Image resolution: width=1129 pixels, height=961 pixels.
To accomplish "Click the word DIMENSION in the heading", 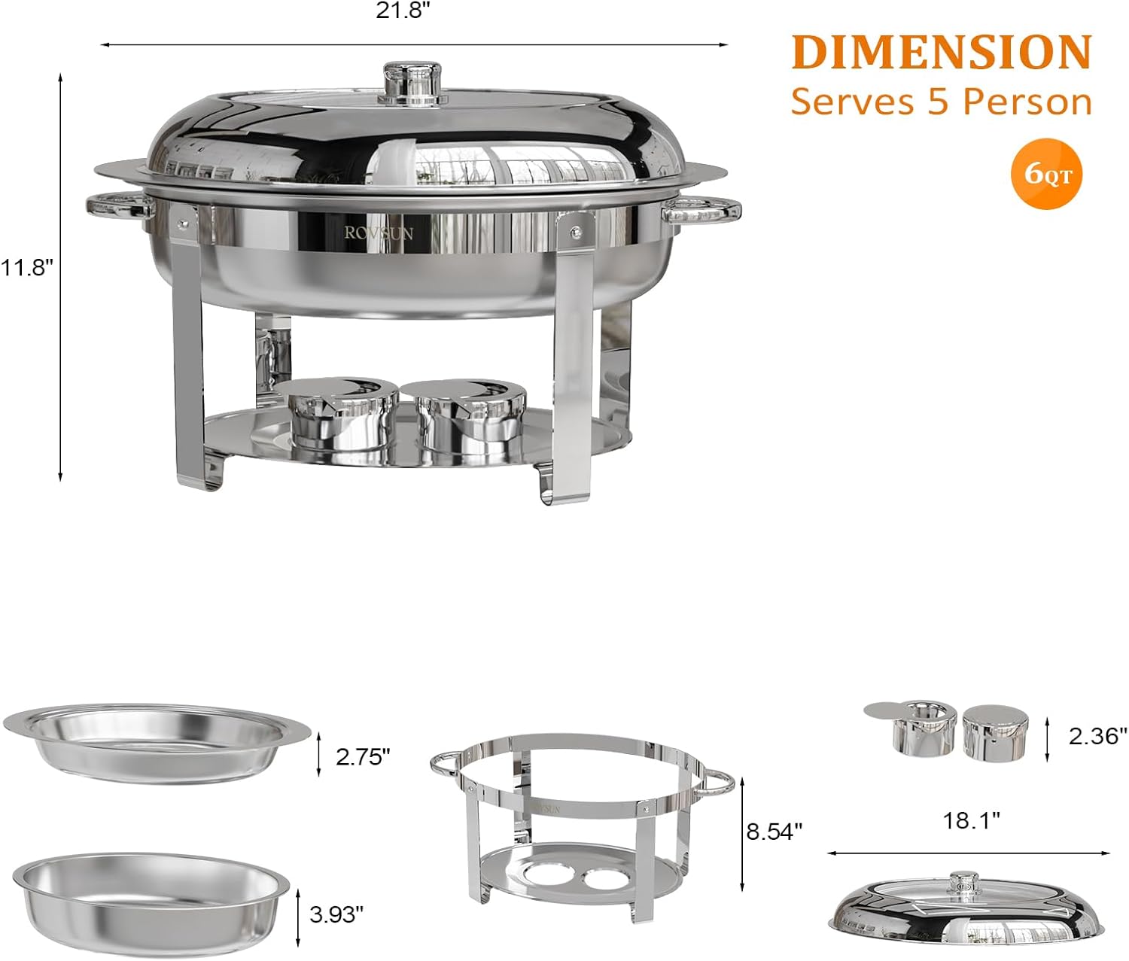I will [941, 52].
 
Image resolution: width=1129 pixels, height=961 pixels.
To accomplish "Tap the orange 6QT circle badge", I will [1046, 173].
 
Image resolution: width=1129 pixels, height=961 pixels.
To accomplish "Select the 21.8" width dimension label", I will [405, 11].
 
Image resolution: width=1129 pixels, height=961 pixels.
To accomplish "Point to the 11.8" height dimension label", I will [27, 267].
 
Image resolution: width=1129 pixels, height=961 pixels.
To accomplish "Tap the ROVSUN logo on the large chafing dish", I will [379, 233].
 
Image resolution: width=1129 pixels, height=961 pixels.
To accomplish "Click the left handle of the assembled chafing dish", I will [119, 205].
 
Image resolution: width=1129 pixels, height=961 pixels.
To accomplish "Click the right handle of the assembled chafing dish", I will [701, 209].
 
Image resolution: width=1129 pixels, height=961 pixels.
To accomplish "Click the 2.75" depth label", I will [363, 756].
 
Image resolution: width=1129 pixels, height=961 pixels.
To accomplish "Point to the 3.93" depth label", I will [336, 914].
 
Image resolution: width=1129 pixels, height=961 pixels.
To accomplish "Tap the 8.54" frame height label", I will [774, 832].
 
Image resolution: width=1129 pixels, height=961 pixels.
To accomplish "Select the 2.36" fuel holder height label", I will [1097, 735].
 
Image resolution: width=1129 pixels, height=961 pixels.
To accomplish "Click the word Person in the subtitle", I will [1029, 101].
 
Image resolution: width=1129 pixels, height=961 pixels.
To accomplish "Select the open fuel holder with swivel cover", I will [912, 727].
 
